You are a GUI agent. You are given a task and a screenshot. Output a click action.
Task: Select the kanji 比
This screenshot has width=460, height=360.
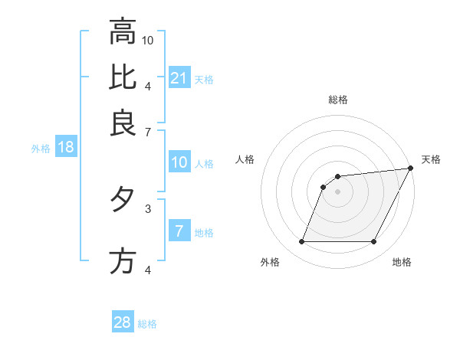click(123, 77)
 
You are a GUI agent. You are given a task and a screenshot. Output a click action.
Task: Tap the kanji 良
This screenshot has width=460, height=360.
click(123, 123)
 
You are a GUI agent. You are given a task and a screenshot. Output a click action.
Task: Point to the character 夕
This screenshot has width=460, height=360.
click(123, 200)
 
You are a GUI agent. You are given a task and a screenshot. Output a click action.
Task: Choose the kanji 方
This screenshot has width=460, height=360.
click(123, 261)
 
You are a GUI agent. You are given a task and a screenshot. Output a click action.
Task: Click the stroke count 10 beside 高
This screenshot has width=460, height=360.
click(149, 39)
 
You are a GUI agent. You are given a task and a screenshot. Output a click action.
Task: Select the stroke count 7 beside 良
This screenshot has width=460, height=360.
click(148, 132)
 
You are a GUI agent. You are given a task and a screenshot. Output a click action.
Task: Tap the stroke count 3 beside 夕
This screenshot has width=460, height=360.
click(148, 208)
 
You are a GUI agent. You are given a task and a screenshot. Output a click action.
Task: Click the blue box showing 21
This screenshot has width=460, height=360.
click(179, 77)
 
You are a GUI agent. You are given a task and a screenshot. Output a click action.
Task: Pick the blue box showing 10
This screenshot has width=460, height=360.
click(179, 162)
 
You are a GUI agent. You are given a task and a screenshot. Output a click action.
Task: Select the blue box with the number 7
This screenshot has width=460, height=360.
click(179, 231)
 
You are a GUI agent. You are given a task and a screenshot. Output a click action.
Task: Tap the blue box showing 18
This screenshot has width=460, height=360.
click(66, 148)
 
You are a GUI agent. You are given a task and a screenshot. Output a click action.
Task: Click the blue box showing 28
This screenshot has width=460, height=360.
click(123, 322)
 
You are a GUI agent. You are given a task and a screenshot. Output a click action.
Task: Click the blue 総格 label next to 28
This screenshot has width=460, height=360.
click(148, 324)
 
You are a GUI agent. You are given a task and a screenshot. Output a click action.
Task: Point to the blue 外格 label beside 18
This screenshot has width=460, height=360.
click(41, 149)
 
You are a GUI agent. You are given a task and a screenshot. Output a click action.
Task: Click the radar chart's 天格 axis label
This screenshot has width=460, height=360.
click(431, 159)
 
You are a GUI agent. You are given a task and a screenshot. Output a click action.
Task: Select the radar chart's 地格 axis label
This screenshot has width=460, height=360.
click(402, 262)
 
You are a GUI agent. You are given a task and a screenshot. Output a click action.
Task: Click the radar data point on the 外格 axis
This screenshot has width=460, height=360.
click(301, 242)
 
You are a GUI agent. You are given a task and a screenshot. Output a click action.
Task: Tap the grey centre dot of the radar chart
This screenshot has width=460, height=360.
click(337, 192)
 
